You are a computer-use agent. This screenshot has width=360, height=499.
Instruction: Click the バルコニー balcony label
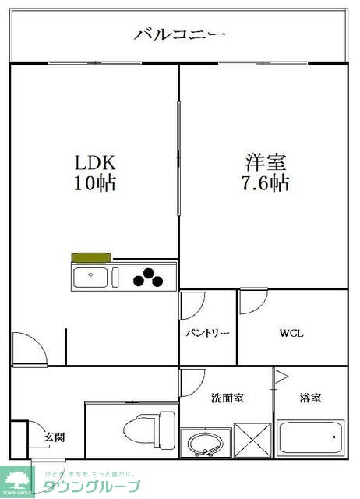tap(180, 34)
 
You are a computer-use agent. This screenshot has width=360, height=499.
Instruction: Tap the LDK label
tap(95, 163)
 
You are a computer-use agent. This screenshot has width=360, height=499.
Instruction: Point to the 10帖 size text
tap(95, 184)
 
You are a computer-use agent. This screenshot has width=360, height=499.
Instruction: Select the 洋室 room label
tap(266, 163)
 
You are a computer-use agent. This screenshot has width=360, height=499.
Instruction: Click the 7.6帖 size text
tap(266, 184)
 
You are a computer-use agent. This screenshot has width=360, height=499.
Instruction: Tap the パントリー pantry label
tap(207, 334)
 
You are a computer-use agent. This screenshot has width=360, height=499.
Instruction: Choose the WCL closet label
tap(292, 334)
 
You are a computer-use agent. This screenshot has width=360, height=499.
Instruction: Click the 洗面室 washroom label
tap(228, 398)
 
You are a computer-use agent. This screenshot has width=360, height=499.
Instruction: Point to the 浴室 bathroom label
tap(311, 398)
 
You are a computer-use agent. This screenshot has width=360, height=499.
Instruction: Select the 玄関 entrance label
tap(54, 437)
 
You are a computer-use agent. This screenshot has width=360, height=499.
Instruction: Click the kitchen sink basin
tap(92, 277)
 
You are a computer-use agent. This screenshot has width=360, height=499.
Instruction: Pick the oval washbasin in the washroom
tap(206, 445)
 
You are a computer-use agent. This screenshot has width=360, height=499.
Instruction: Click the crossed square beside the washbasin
tap(252, 441)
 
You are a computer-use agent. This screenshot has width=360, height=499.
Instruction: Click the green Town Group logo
tap(17, 480)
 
